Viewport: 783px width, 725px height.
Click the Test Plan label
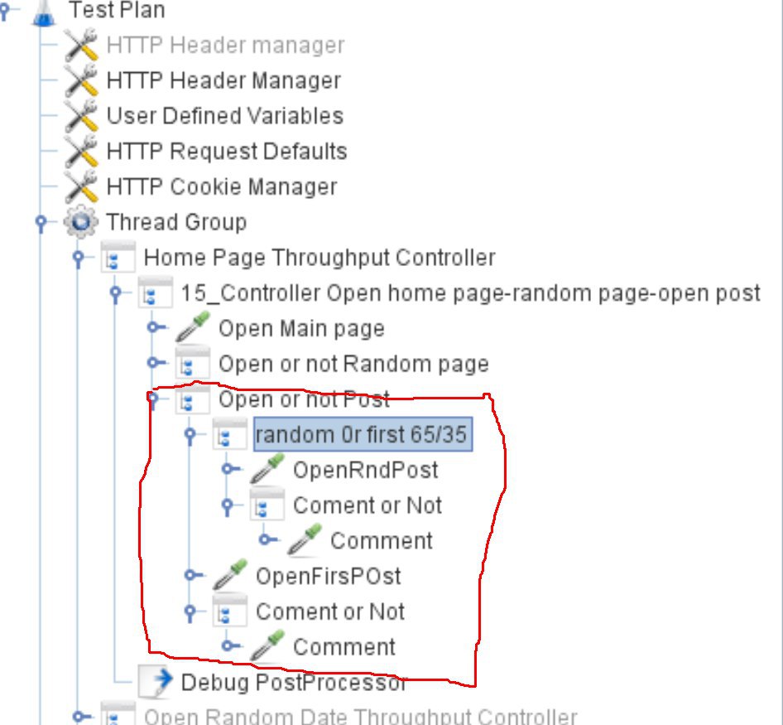click(116, 11)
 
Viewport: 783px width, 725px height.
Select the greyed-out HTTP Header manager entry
click(225, 45)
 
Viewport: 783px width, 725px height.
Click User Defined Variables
click(224, 116)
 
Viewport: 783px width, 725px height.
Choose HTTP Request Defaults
click(227, 152)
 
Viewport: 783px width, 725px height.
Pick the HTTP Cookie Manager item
click(222, 187)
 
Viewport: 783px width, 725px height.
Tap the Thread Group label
click(176, 223)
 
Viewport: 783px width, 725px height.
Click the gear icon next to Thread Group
click(81, 223)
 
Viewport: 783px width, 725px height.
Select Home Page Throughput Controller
click(319, 258)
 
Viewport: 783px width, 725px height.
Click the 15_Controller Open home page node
click(470, 293)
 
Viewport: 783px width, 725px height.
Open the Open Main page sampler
click(301, 329)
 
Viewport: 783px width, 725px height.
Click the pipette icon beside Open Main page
click(194, 329)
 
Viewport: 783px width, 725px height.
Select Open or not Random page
click(353, 365)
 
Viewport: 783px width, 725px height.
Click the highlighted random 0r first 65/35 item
click(362, 435)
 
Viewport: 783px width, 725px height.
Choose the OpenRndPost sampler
click(366, 471)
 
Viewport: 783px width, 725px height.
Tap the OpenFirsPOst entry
click(329, 576)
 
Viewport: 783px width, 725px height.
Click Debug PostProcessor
click(294, 683)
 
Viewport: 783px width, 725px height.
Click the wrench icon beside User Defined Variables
click(81, 116)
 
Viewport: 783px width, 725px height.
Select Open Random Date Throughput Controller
click(361, 717)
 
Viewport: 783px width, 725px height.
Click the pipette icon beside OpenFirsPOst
click(231, 575)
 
